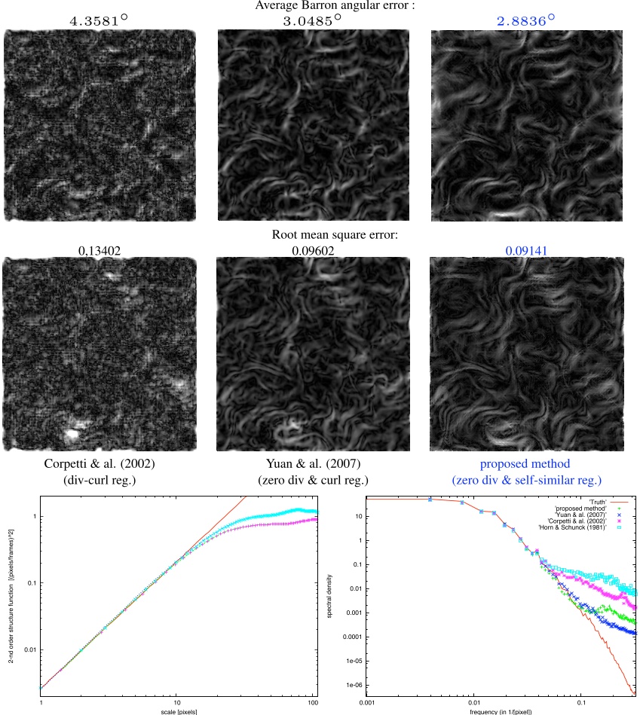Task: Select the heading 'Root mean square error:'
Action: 335,235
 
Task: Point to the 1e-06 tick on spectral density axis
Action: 354,685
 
